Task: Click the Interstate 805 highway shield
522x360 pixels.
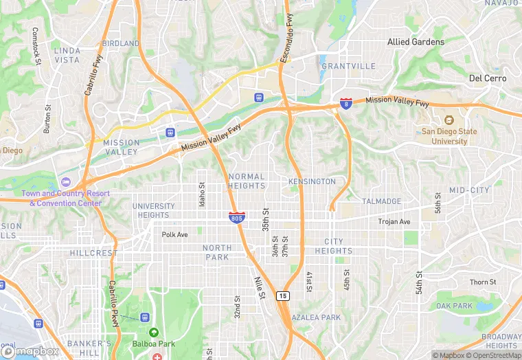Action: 236,218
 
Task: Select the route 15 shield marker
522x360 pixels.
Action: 282,296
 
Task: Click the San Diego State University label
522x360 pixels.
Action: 444,136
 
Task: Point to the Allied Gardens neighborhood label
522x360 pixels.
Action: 416,42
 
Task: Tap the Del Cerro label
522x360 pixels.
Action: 487,78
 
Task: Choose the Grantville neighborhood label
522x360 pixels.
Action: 348,66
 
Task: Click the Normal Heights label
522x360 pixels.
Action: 247,181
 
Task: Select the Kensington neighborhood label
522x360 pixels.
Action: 312,181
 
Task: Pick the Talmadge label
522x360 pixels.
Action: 381,201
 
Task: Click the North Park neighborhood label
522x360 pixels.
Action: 217,252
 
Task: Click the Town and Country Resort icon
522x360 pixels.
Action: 66,181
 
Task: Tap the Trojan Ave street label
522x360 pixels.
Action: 394,222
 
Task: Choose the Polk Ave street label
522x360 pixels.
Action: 174,234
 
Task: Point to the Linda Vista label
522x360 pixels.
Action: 67,56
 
